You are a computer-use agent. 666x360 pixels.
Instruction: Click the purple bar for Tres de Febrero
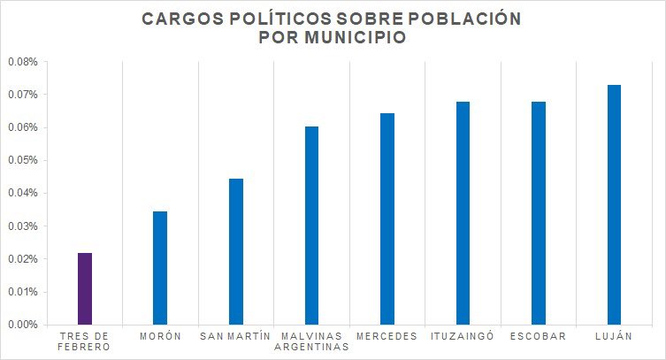[x=85, y=288]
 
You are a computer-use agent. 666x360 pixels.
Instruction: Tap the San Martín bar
[x=236, y=251]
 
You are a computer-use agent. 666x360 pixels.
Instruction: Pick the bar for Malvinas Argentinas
[x=311, y=226]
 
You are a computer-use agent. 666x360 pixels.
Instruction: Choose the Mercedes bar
[x=387, y=218]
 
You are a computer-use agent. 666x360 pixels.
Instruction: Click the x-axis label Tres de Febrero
[x=85, y=341]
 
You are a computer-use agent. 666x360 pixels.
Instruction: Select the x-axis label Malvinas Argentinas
[x=311, y=341]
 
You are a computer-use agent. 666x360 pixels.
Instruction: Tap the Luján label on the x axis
[x=614, y=336]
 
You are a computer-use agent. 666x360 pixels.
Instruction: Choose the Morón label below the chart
[x=160, y=336]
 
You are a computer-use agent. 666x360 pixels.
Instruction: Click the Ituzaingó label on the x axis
[x=463, y=336]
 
